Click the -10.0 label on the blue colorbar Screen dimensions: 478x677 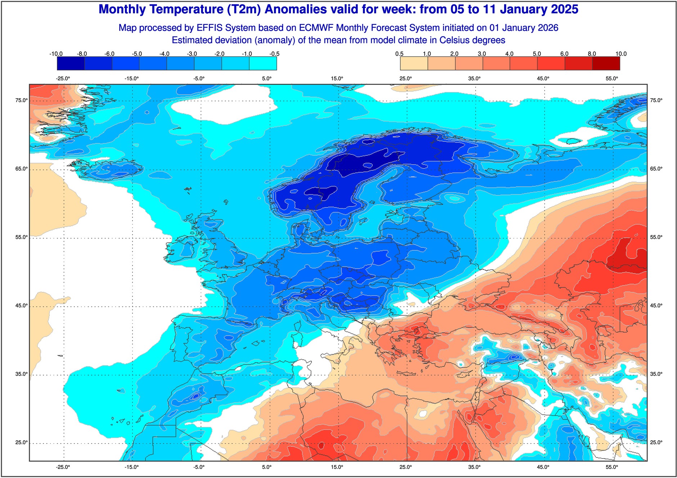tap(56, 54)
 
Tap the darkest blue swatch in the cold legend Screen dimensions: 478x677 tap(71, 64)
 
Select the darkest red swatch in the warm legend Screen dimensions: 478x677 tap(606, 64)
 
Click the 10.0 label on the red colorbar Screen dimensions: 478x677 tap(621, 54)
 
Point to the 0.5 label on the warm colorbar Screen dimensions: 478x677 tap(399, 54)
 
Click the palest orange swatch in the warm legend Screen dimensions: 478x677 tap(414, 64)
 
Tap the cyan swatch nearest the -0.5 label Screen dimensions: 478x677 tap(263, 64)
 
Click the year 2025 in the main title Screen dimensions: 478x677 tap(564, 9)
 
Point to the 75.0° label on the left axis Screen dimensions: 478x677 tap(21, 100)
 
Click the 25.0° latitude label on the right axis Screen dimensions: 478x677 tap(656, 442)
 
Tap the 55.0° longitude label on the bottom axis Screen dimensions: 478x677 tap(611, 467)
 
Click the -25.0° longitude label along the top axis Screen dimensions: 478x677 tap(63, 78)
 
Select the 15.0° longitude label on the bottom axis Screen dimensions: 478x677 tap(337, 467)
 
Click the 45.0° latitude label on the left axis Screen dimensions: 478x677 tap(21, 306)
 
